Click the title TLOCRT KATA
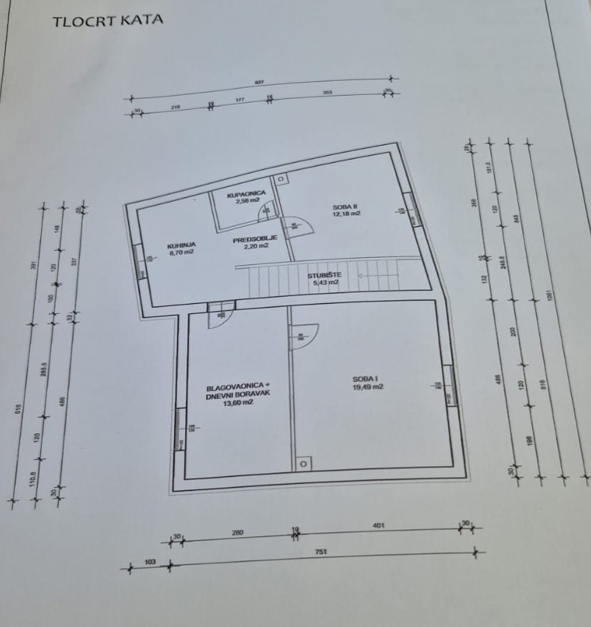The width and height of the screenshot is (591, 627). pos(108,20)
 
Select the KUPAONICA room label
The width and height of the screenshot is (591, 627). pos(246,193)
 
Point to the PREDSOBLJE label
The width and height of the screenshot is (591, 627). pos(251,239)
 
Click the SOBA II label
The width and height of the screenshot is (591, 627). pos(346,206)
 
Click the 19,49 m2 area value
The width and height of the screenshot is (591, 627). pos(368,387)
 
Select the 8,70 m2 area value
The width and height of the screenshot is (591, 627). pos(180,251)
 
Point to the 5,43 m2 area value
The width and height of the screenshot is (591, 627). pos(323,283)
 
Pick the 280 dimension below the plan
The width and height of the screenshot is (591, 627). pos(236,532)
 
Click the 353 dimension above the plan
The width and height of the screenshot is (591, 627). pos(327,93)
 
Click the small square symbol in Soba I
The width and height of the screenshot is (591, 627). pos(303,464)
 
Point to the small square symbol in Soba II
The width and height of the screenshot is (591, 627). pos(280,179)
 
